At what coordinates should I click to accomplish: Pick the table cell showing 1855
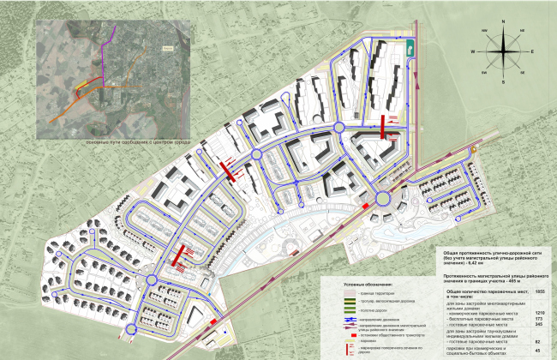538,291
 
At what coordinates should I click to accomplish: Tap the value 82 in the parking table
538,339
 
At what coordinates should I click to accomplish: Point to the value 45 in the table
538,350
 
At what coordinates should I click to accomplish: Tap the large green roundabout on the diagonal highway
381,199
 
